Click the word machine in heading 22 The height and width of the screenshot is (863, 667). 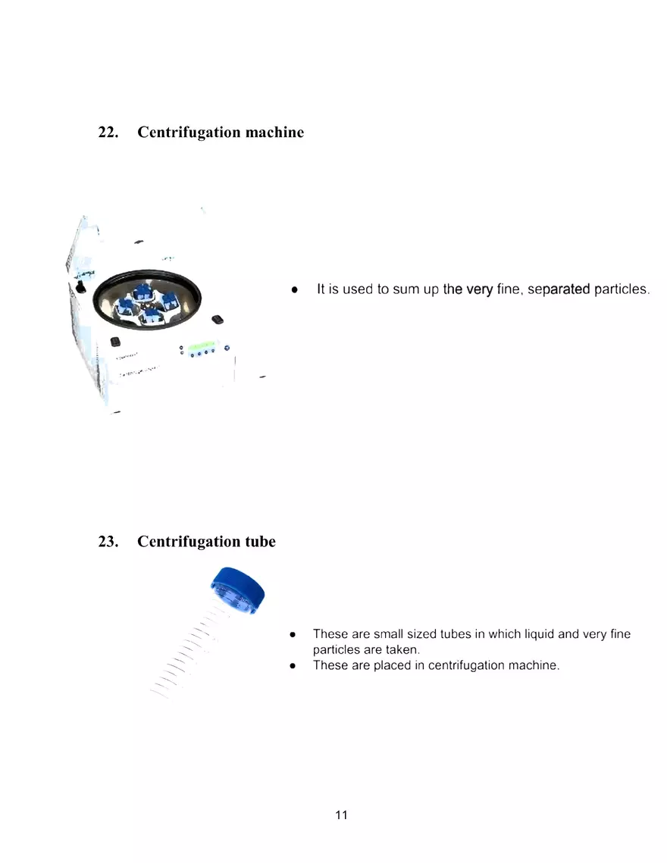274,133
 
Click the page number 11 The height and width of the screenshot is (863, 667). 341,815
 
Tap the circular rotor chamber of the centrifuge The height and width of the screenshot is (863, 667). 147,302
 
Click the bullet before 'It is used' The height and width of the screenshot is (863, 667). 294,289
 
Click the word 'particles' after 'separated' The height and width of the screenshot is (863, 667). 622,289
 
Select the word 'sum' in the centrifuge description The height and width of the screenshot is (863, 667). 406,289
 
